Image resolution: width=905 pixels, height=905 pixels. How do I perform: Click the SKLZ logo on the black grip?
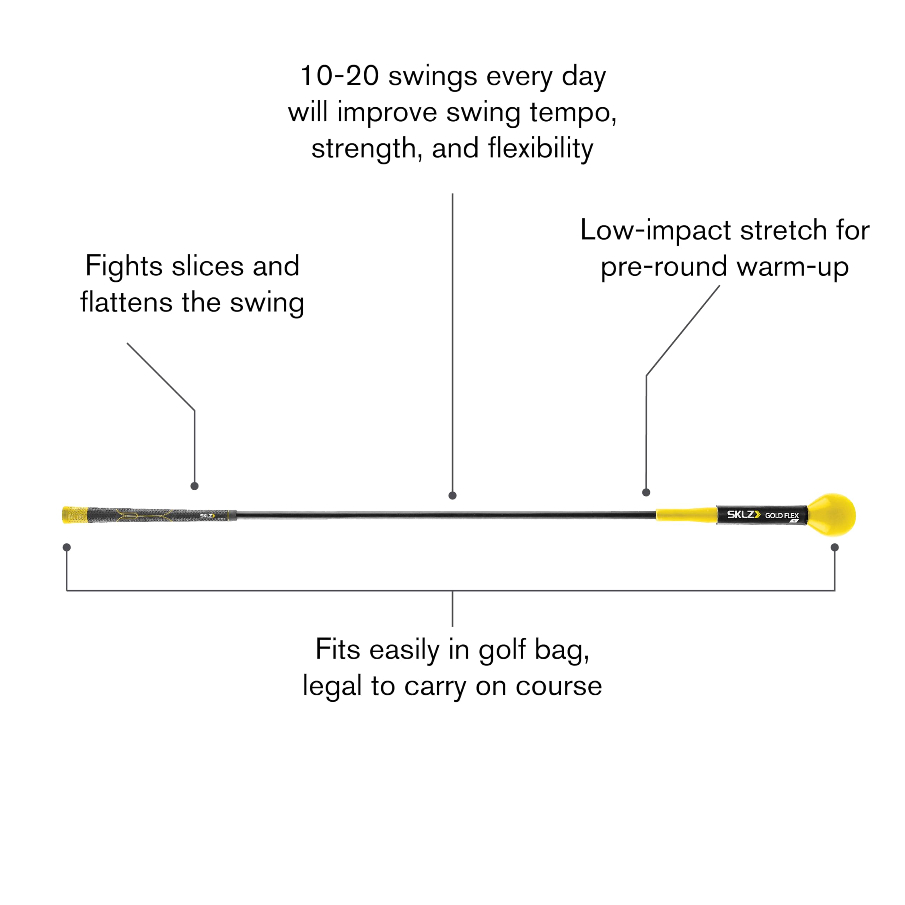point(208,516)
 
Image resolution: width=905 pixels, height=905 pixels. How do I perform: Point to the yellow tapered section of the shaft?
point(686,514)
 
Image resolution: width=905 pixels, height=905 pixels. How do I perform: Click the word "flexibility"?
point(540,148)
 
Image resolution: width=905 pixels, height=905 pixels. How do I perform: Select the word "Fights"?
point(124,266)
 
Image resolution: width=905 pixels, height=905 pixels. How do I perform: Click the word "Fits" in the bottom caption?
point(338,649)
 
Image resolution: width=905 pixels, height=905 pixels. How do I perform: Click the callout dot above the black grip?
point(194,486)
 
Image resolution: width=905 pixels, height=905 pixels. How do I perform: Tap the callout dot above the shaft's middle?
point(452,496)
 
